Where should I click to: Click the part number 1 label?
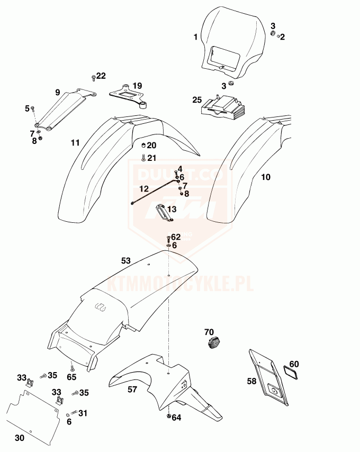tap(195, 38)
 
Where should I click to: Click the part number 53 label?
tap(125, 260)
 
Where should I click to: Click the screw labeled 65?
tap(71, 366)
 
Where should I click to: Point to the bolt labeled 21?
tap(142, 158)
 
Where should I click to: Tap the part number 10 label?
tap(265, 177)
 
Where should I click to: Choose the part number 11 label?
tap(75, 142)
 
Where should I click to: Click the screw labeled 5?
tap(33, 109)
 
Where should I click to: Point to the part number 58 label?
tap(251, 381)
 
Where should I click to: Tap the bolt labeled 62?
tap(168, 238)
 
